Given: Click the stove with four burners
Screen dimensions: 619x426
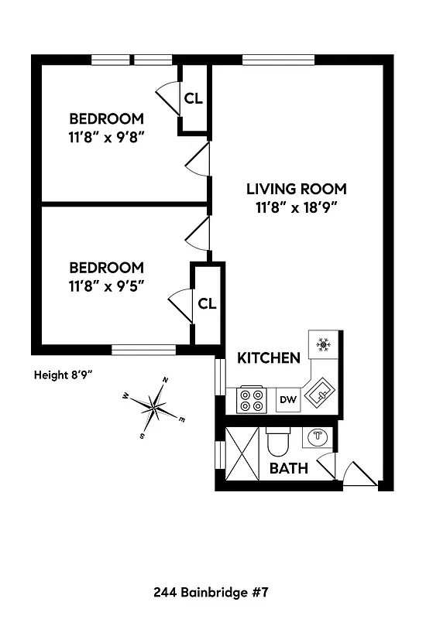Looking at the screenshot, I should [251, 400].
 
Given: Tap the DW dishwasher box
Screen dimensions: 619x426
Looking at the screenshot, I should [287, 400].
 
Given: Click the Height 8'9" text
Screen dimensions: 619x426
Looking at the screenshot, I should [64, 374].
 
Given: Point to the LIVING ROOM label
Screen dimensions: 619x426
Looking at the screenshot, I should [297, 189].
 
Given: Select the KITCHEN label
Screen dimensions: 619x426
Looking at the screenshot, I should [268, 358].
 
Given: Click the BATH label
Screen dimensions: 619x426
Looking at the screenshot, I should [289, 468].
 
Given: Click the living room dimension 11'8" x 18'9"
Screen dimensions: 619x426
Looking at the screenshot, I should [297, 207].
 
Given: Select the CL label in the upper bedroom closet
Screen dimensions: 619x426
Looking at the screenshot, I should [193, 98].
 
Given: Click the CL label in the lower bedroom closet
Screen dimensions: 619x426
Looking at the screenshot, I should [206, 303].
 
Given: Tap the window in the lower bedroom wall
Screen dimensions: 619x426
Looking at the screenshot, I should [143, 350].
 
